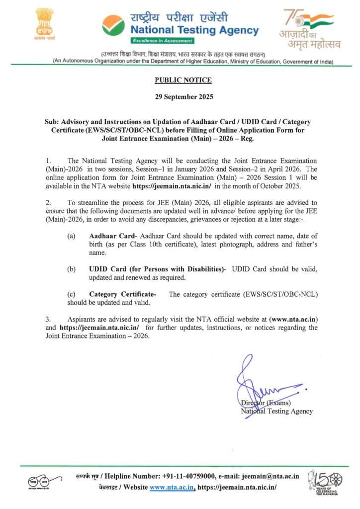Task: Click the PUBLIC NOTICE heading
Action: tap(183, 80)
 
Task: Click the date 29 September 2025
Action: tap(183, 97)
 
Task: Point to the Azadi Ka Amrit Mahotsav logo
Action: tap(309, 29)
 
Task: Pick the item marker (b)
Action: tap(72, 269)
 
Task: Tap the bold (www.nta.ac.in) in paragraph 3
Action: tap(293, 319)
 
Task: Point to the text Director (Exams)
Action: tap(266, 403)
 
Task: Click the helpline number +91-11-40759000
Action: tap(190, 476)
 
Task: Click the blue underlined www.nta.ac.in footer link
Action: tap(172, 488)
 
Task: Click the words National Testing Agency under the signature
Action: tap(276, 411)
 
